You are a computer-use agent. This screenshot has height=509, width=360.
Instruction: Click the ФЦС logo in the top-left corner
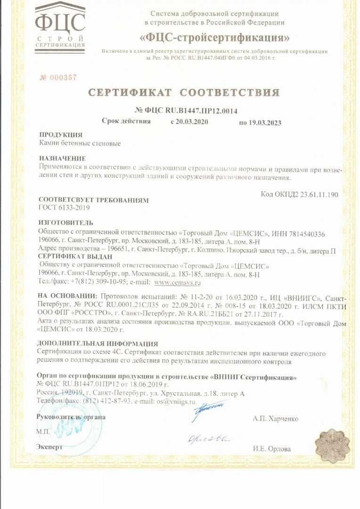(x=60, y=26)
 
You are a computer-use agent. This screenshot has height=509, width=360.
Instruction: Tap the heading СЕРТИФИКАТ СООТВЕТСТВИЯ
(x=183, y=92)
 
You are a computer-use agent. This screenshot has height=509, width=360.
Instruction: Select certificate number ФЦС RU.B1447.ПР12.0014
(x=186, y=111)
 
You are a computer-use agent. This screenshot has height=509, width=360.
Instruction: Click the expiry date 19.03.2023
(x=260, y=123)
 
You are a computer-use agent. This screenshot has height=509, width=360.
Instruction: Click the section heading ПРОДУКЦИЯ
(x=60, y=135)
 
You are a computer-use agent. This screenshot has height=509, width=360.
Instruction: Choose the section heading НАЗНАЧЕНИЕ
(x=62, y=158)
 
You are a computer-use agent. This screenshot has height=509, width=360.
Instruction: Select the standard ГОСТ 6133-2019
(x=64, y=207)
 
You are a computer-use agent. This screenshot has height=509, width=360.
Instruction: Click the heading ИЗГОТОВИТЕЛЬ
(x=66, y=222)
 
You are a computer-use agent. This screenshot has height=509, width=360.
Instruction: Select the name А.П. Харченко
(x=275, y=419)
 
